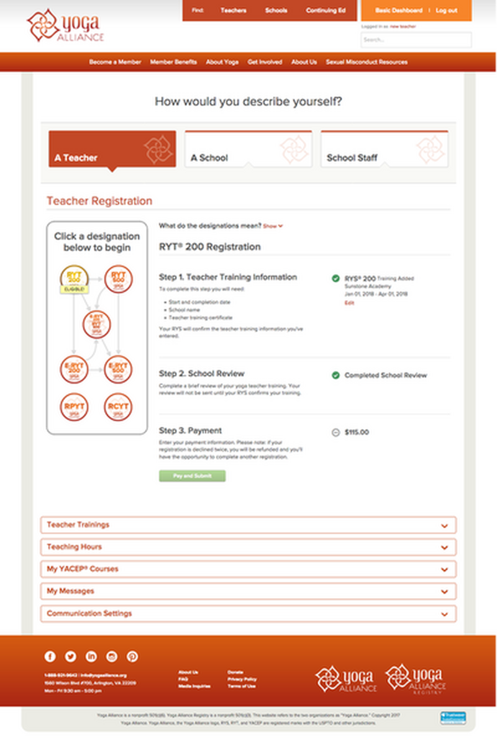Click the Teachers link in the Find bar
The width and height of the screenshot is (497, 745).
point(233,11)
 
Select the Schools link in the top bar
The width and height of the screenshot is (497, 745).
point(276,11)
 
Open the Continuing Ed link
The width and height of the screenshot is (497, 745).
point(326,11)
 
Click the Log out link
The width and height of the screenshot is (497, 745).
point(446,11)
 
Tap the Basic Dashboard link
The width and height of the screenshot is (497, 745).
point(399,11)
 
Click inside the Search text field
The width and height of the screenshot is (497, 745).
point(416,40)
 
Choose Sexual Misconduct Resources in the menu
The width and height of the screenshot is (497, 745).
point(367,62)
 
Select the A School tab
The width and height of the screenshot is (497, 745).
point(248,149)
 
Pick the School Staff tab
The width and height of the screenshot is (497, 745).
point(384,149)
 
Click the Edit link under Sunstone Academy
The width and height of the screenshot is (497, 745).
point(349,303)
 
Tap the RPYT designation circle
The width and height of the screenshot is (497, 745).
point(75,407)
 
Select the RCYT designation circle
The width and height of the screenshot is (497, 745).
point(118,407)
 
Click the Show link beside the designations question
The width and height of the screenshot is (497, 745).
point(273,227)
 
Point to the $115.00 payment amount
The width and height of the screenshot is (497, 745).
point(357,432)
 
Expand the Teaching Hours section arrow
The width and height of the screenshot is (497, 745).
point(444,548)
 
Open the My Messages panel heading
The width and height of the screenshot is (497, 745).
point(70,591)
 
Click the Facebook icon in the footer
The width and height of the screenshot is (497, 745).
point(50,657)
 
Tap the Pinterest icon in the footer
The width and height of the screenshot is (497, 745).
point(132,657)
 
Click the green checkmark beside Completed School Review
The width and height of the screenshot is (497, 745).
point(335,375)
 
